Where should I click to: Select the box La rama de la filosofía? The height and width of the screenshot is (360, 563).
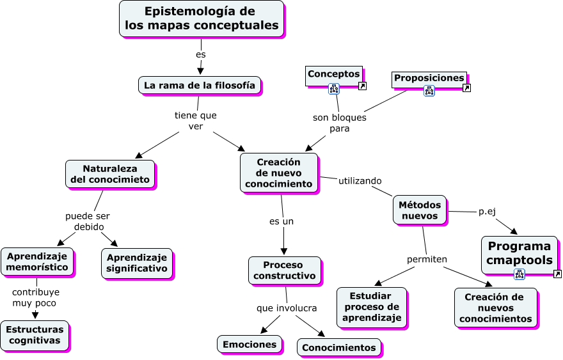pyautogui.click(x=199, y=85)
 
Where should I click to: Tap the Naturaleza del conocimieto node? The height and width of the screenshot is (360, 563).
pyautogui.click(x=111, y=174)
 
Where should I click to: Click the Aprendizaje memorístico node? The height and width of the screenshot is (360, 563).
pyautogui.click(x=37, y=262)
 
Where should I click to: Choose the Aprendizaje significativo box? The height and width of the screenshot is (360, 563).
pyautogui.click(x=136, y=263)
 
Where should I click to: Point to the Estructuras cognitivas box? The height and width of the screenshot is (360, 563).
pyautogui.click(x=35, y=334)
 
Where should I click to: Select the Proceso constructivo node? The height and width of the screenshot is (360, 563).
pyautogui.click(x=285, y=270)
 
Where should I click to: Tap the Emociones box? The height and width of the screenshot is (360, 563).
pyautogui.click(x=250, y=344)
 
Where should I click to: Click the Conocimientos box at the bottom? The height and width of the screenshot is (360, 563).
pyautogui.click(x=338, y=347)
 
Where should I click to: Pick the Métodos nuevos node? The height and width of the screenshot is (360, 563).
pyautogui.click(x=420, y=210)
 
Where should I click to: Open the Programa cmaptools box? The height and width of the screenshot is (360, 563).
pyautogui.click(x=519, y=254)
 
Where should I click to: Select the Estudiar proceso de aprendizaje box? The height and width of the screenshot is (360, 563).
pyautogui.click(x=372, y=307)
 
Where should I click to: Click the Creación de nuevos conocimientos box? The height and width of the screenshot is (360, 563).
pyautogui.click(x=495, y=308)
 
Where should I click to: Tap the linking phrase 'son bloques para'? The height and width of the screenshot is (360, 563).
pyautogui.click(x=339, y=123)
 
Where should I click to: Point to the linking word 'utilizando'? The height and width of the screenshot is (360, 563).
pyautogui.click(x=360, y=181)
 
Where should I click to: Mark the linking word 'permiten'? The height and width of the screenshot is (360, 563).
pyautogui.click(x=427, y=259)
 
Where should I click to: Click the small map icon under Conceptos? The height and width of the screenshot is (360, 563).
pyautogui.click(x=334, y=89)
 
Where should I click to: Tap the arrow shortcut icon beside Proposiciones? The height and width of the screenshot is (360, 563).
pyautogui.click(x=466, y=88)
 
